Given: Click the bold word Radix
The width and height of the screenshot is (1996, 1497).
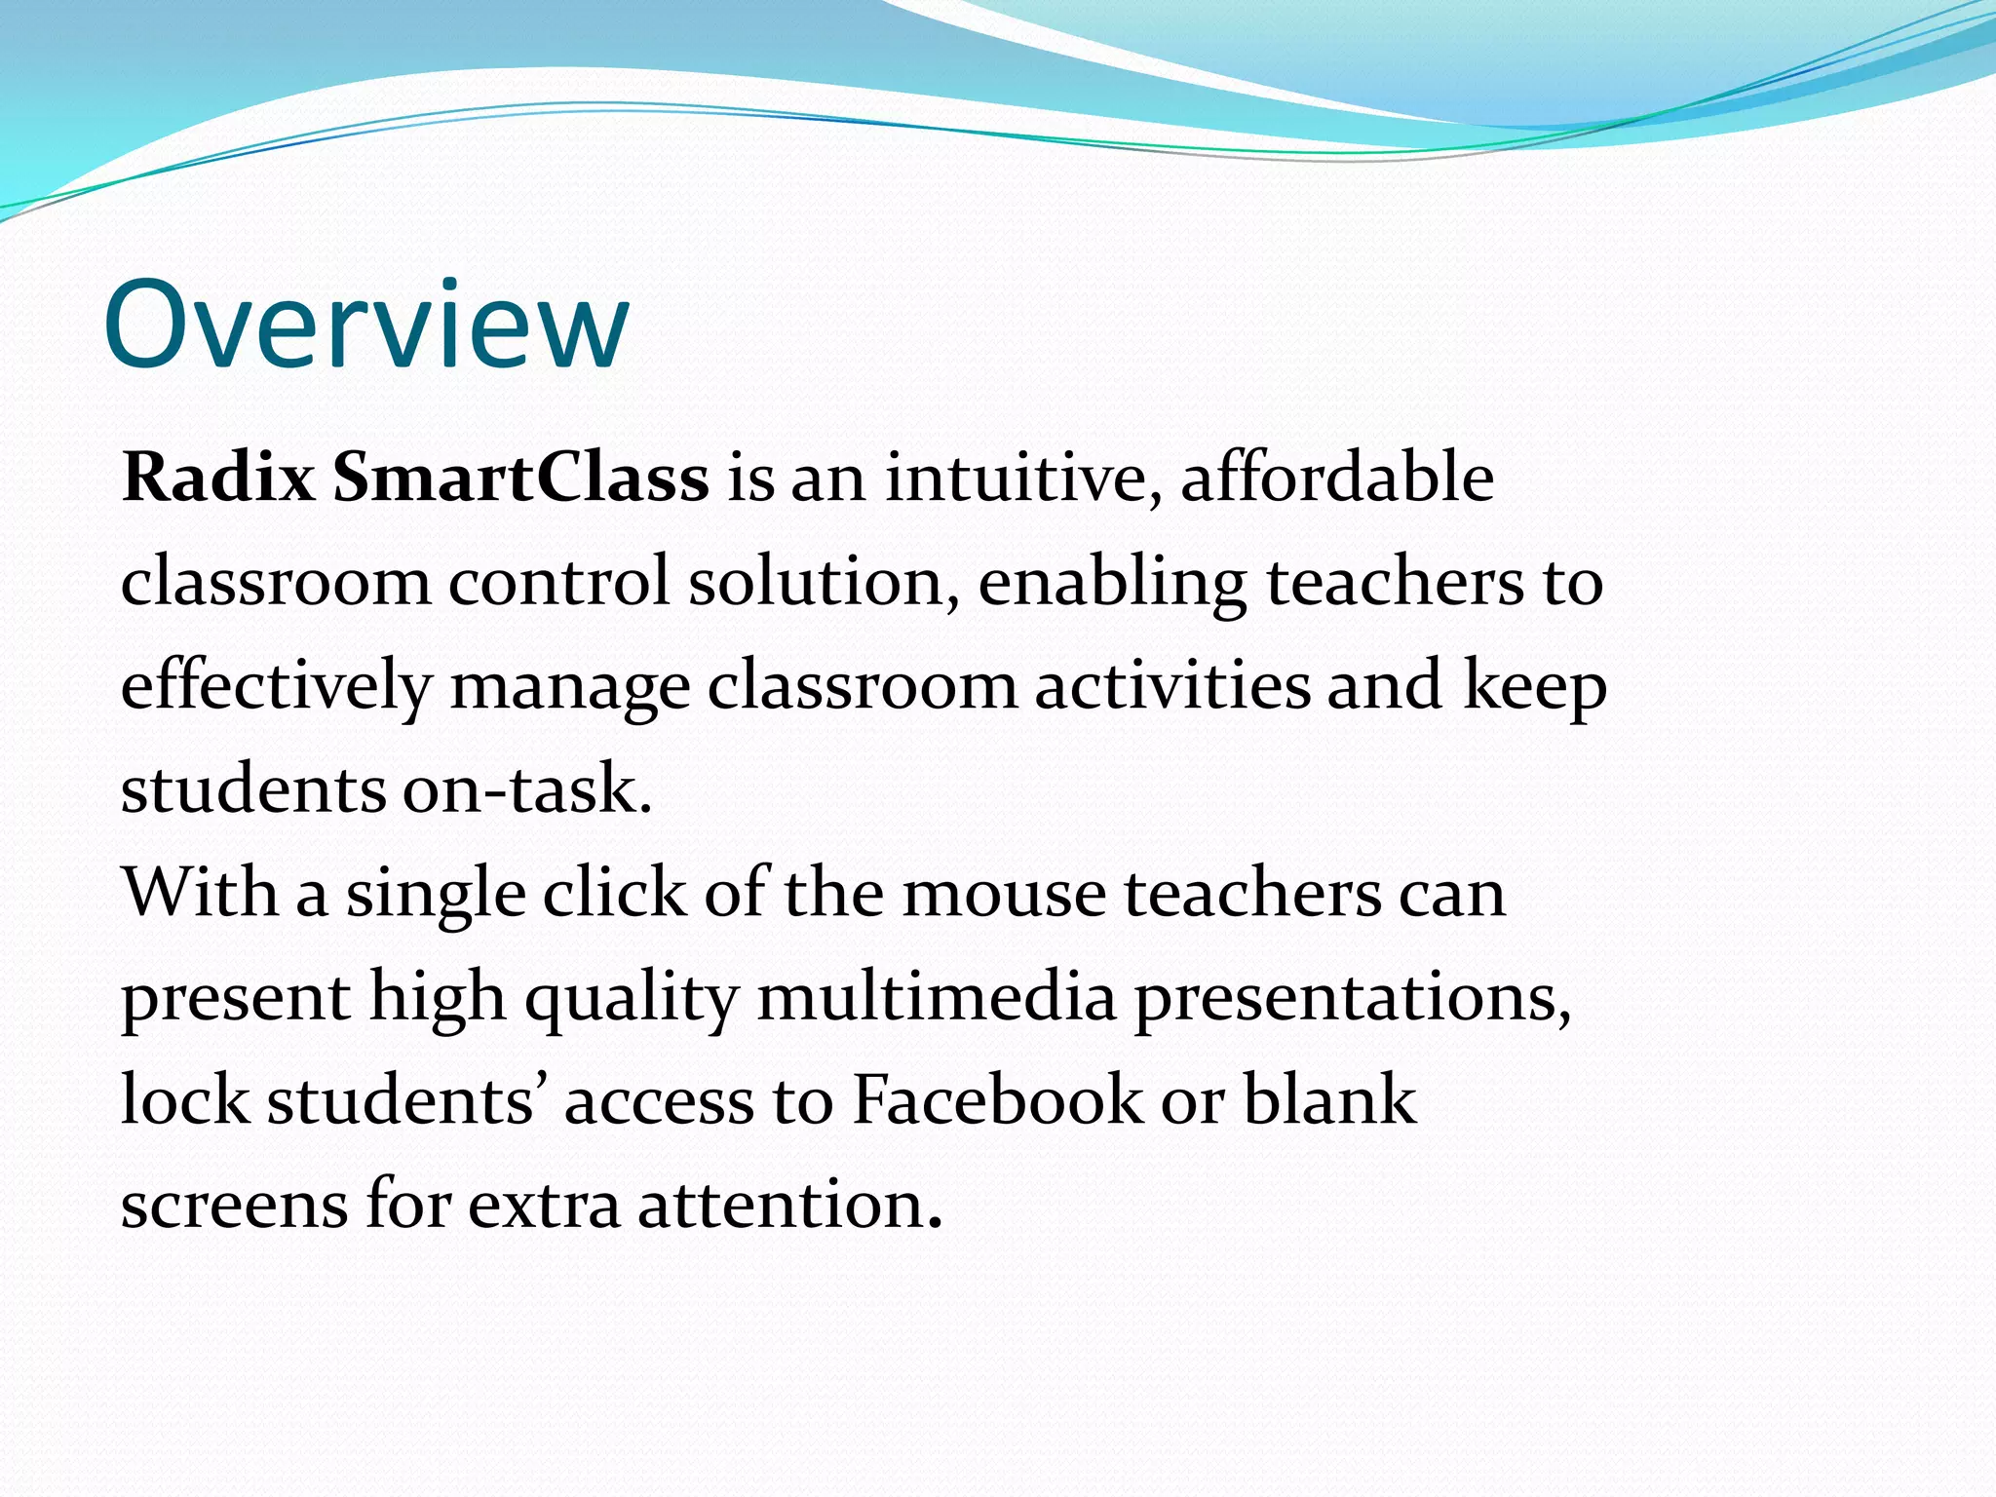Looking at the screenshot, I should coord(218,479).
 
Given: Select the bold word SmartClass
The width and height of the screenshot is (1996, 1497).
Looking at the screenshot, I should coord(520,479).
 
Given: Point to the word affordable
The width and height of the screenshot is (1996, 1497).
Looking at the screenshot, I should coord(1337,479).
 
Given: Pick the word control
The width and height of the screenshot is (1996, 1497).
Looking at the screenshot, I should coord(558,582).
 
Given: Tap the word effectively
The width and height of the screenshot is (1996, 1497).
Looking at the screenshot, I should coord(276,686).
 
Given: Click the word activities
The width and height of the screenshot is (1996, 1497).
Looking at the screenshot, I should coord(1171,685).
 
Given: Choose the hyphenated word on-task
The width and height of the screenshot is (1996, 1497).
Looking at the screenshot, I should coord(526,789).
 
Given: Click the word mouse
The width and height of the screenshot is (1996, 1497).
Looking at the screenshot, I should coord(1004,895).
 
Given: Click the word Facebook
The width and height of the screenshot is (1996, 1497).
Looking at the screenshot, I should coord(997,1101).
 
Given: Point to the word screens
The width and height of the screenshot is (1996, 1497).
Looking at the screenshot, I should coord(234,1207).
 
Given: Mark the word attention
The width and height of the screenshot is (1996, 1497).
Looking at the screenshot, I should coord(789,1205).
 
